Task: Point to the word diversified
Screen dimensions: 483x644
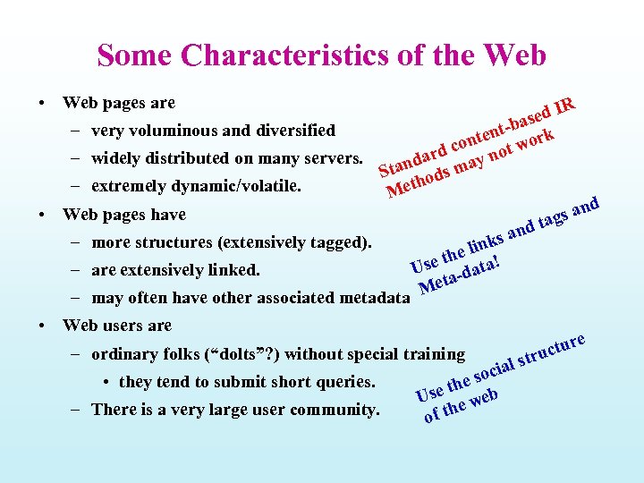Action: point(293,131)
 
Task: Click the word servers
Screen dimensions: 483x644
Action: point(330,159)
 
